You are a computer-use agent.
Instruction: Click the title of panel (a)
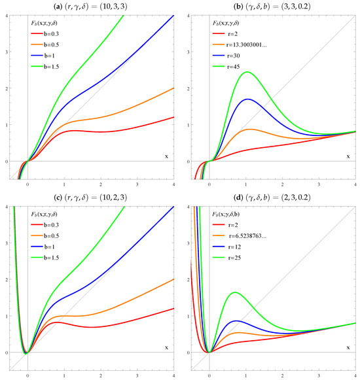pos(92,6)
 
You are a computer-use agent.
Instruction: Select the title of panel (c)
pos(92,198)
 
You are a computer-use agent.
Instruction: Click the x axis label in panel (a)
pos(166,156)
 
